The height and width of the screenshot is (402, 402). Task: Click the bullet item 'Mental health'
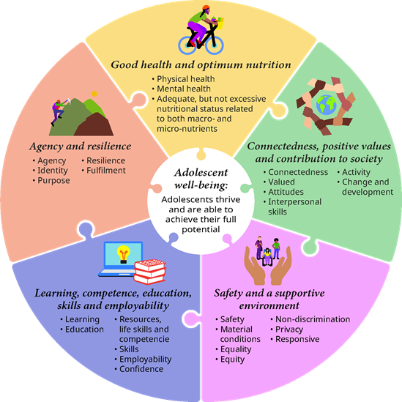tap(184, 89)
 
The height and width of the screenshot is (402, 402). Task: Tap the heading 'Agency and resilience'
tap(81, 146)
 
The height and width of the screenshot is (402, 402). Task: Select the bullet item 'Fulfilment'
tap(106, 170)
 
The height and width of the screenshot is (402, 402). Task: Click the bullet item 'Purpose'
tap(53, 180)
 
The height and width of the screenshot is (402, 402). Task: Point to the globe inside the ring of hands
tap(326, 105)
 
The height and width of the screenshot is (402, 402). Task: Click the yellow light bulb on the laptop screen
tap(124, 254)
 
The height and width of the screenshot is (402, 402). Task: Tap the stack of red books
tap(150, 272)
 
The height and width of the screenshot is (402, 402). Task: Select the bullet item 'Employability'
tap(146, 360)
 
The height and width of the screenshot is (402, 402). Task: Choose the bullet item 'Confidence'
tap(141, 369)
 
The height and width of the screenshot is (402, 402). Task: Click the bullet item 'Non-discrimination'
tap(313, 319)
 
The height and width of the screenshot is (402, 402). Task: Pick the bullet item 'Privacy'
tap(289, 330)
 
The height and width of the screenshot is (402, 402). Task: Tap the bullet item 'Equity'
tap(232, 360)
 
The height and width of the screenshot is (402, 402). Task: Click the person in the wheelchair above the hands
tap(267, 256)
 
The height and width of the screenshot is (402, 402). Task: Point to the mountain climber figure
tap(59, 112)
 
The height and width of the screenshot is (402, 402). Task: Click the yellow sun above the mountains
tap(94, 94)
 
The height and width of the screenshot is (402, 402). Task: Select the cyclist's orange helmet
tap(205, 7)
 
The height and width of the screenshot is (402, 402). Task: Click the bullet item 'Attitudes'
tap(286, 192)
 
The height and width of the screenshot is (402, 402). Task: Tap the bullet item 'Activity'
tap(356, 172)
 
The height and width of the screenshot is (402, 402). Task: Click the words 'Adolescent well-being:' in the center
tap(201, 179)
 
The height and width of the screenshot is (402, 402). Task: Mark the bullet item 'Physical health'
tap(185, 79)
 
